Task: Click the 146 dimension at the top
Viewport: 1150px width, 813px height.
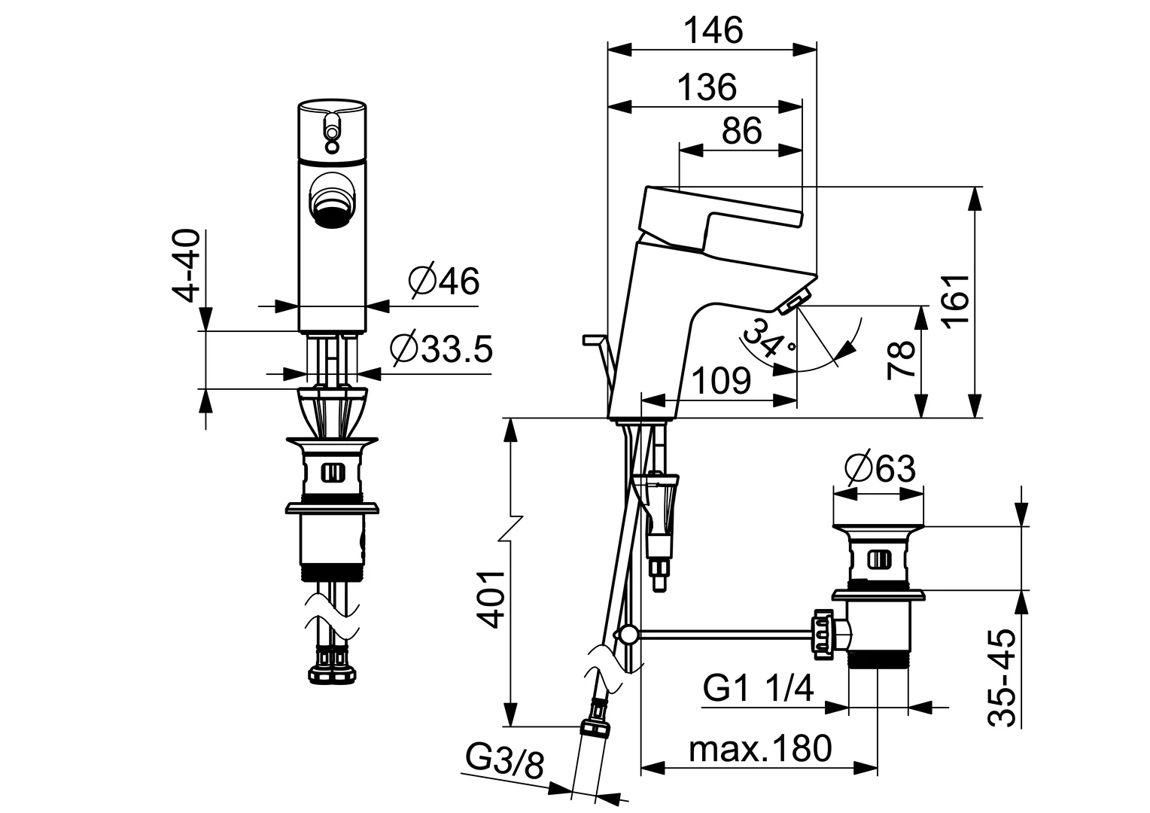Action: (713, 32)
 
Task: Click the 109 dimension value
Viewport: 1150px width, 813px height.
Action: (720, 382)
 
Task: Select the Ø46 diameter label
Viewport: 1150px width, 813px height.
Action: (444, 282)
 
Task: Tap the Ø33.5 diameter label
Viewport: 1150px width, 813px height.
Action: (442, 349)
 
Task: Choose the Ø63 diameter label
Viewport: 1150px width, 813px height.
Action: (880, 469)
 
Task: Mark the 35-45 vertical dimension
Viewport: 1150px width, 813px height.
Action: (1003, 678)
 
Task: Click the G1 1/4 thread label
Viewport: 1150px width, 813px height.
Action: (759, 688)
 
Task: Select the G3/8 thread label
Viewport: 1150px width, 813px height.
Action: (504, 761)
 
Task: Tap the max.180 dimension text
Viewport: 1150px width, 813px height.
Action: (761, 748)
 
